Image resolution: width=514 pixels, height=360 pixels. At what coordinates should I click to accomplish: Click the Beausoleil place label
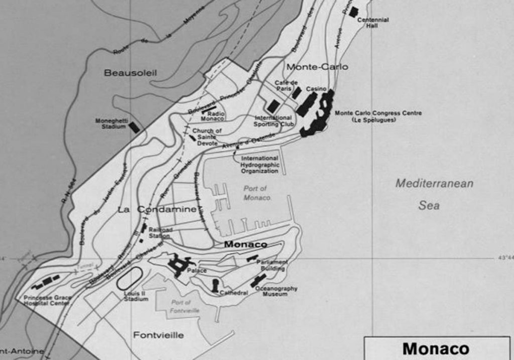(130, 73)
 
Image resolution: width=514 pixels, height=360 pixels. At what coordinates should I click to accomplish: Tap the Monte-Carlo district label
(317, 67)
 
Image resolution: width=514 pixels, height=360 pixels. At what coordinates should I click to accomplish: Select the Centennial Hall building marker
(354, 12)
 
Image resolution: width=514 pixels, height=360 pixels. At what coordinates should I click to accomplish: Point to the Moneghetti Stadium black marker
(134, 128)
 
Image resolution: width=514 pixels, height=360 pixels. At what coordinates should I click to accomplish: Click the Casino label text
(316, 89)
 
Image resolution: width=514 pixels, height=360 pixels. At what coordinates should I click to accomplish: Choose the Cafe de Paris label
(286, 85)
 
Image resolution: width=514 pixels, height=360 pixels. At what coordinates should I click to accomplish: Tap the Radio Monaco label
(212, 116)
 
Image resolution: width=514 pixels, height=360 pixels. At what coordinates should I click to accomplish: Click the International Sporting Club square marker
(273, 106)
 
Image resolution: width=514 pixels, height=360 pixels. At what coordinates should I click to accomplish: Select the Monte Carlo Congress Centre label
(378, 116)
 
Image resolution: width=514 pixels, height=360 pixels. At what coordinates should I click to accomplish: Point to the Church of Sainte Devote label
(207, 137)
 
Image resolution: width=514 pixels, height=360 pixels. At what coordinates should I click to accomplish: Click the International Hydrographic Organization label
(259, 164)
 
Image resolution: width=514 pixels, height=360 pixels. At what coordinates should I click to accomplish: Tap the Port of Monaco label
(255, 193)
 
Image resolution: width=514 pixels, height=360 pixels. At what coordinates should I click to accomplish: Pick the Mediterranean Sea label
(434, 194)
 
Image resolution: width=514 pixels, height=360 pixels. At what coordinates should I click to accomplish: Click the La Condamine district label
(156, 209)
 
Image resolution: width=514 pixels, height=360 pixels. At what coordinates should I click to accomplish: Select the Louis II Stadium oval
(130, 279)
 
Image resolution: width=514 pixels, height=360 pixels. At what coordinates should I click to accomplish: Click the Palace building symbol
(179, 265)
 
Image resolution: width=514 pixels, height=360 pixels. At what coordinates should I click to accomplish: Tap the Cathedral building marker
(215, 285)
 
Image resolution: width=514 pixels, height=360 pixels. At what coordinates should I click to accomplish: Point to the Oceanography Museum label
(276, 291)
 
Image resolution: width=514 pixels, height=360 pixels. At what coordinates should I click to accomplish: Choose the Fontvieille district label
(158, 335)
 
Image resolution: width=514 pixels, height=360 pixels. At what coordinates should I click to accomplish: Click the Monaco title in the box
(435, 349)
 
